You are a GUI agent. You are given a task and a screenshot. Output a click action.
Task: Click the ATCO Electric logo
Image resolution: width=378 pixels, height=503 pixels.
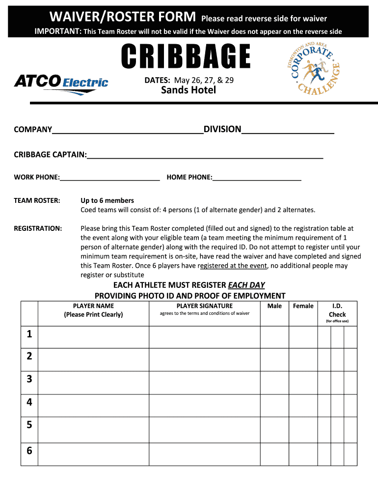pos(61,83)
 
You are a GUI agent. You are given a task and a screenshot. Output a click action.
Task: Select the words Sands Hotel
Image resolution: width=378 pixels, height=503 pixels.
pos(189,90)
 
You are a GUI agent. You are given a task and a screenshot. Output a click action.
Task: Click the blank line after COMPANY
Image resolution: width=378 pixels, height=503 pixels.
pos(128,130)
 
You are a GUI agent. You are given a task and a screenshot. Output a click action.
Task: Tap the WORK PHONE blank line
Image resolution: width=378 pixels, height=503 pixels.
pos(109,177)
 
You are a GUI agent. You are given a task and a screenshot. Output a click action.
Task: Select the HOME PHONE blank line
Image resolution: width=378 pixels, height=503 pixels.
pos(257,177)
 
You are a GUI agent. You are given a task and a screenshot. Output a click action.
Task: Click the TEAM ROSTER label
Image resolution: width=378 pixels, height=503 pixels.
pos(37,200)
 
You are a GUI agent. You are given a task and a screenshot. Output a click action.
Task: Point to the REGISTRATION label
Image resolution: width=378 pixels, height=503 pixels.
pos(38,228)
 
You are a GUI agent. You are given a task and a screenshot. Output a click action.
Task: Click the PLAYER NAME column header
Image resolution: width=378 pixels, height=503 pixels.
pos(93,310)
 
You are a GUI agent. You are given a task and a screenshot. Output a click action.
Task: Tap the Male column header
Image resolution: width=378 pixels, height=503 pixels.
pos(274,306)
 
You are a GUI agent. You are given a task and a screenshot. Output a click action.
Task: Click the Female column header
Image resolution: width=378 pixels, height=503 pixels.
pos(303,306)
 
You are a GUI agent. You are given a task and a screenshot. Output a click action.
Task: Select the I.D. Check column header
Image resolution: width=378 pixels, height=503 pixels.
pos(337,310)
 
